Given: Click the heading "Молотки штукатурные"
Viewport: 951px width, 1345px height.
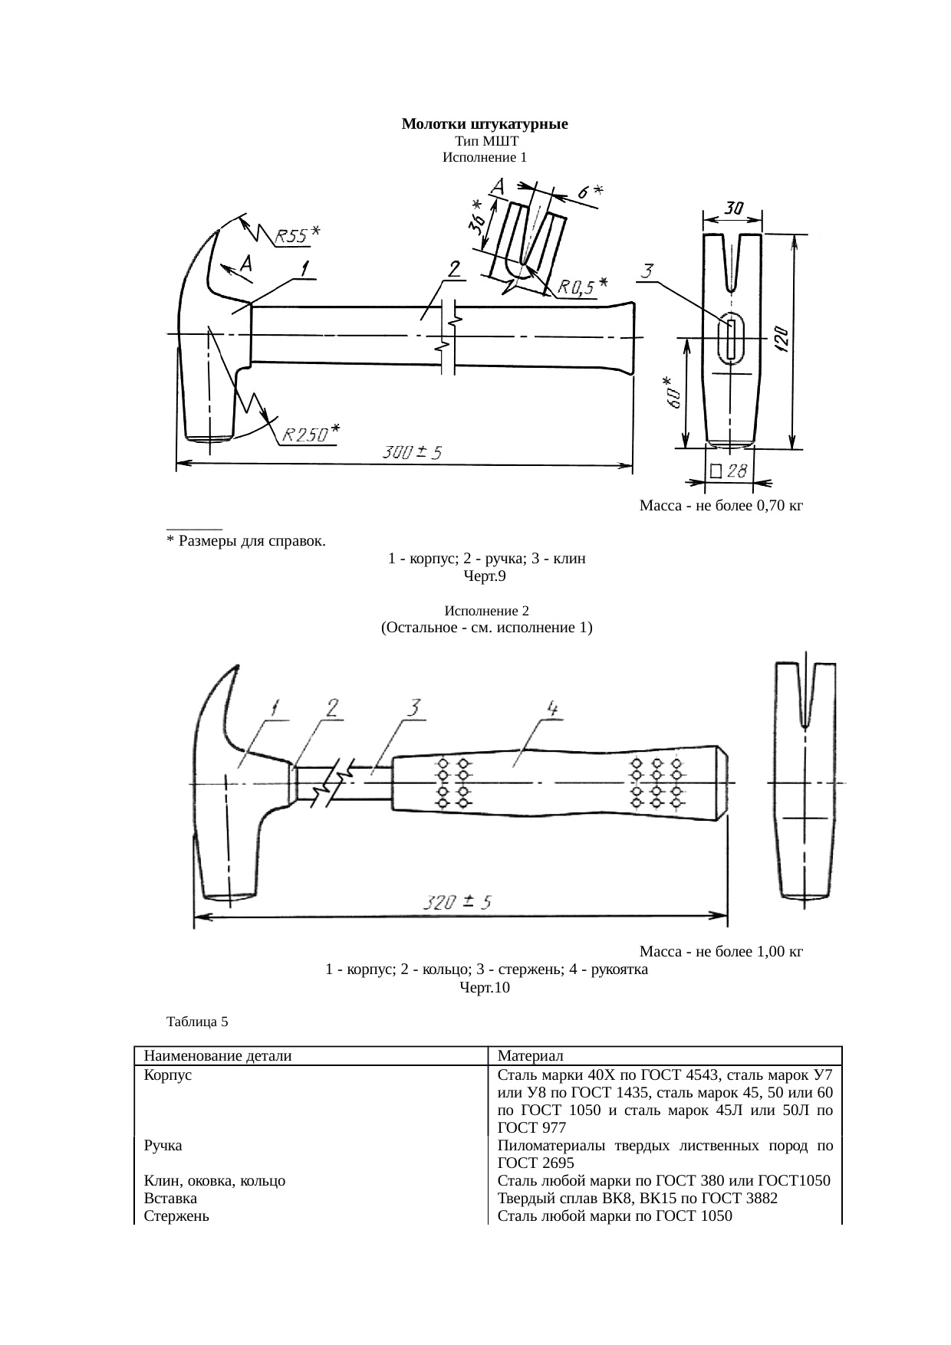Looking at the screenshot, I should (x=484, y=124).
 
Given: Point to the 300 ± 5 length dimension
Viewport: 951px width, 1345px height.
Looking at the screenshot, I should (x=412, y=453).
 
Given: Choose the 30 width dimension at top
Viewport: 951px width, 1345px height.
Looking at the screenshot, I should (x=733, y=208).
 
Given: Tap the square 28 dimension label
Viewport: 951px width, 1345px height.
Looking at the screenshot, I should (x=729, y=471).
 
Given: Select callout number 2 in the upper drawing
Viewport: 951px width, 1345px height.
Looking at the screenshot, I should (x=455, y=269).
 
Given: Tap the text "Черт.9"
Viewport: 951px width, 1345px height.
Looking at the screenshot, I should (x=484, y=576).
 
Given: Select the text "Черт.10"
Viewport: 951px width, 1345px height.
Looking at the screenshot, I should (x=484, y=988).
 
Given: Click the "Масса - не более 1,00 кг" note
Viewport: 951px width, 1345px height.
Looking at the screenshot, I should (x=720, y=952).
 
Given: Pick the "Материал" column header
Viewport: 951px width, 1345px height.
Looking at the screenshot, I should (x=530, y=1056).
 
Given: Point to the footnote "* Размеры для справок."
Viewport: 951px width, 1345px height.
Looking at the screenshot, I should (x=245, y=542).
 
